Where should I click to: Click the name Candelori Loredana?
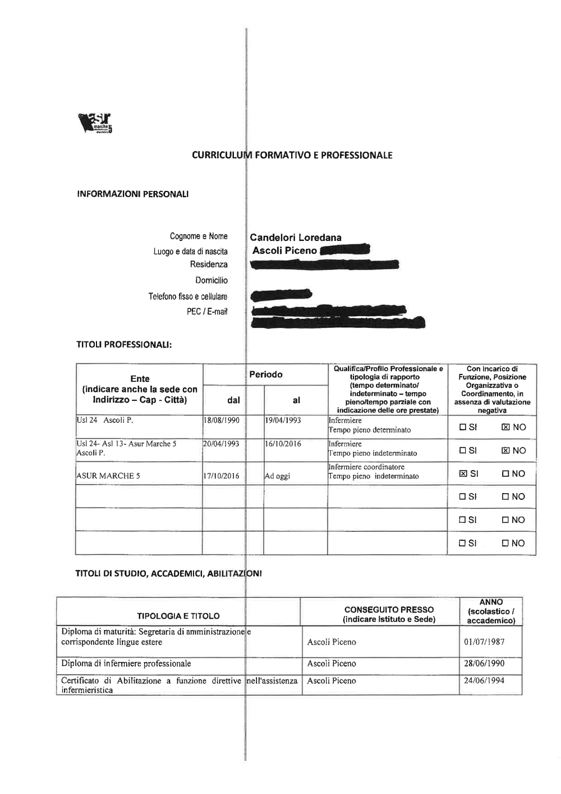click(296, 238)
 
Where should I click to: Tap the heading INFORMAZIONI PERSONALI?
click(132, 194)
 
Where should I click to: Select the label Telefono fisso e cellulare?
click(188, 296)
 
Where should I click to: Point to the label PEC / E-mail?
click(207, 312)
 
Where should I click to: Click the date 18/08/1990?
click(222, 420)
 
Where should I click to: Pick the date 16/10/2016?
click(283, 444)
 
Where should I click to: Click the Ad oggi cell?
click(278, 476)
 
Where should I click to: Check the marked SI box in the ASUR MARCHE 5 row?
click(463, 473)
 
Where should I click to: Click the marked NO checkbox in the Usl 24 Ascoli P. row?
click(505, 427)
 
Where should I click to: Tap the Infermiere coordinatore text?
click(366, 467)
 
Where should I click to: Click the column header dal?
click(233, 400)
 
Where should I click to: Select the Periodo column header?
click(266, 375)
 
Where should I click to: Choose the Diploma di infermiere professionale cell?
click(126, 664)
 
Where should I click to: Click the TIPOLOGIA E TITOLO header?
click(178, 616)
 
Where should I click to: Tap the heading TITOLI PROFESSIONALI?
click(123, 345)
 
